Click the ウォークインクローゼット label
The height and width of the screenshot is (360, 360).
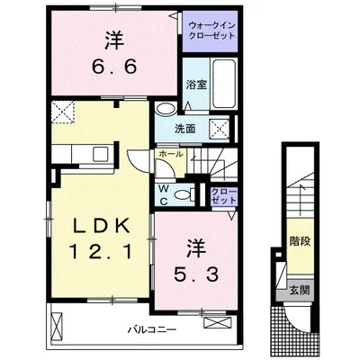click(x=211, y=31)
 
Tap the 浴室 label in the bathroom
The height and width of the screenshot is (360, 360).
click(x=196, y=85)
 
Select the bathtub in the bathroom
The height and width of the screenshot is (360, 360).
click(x=223, y=84)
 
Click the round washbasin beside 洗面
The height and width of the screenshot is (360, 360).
click(x=166, y=109)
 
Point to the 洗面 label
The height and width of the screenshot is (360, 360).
click(x=185, y=129)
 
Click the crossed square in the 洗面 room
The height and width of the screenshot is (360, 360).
click(x=220, y=130)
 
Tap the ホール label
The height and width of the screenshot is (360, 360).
click(x=171, y=154)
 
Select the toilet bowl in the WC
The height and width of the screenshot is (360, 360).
click(x=184, y=195)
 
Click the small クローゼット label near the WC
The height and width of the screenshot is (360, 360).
click(x=224, y=195)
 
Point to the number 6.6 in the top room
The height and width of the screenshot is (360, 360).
click(x=114, y=67)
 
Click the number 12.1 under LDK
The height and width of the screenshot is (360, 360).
click(x=101, y=251)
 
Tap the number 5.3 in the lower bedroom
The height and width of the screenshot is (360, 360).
click(x=196, y=274)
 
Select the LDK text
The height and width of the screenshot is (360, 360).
click(x=101, y=227)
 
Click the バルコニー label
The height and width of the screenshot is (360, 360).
click(x=152, y=330)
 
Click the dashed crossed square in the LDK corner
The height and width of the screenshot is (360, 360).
click(x=63, y=112)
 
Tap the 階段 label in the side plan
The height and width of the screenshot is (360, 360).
click(x=300, y=241)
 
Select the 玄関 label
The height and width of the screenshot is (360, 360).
click(x=300, y=291)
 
